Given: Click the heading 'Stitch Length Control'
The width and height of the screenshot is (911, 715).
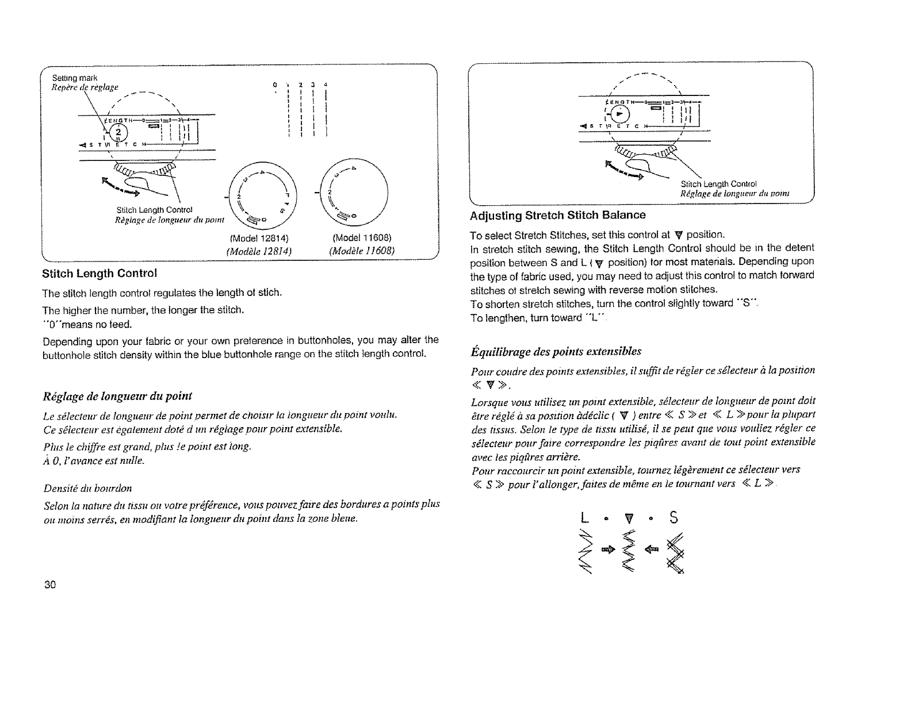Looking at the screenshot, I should tap(99, 272).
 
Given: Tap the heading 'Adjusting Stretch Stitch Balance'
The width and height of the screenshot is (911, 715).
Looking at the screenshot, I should tap(557, 215).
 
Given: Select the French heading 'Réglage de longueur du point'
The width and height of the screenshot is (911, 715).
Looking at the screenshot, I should tap(117, 396).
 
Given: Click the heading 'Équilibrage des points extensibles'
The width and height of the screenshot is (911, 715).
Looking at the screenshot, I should tap(556, 351).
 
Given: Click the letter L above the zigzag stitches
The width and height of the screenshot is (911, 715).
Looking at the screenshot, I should tap(585, 519).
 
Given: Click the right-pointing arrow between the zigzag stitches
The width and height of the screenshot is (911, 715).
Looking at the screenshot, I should tap(607, 550).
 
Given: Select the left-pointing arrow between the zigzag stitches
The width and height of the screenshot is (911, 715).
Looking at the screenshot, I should tap(652, 550).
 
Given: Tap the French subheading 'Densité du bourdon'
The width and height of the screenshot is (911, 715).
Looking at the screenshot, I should tap(87, 489).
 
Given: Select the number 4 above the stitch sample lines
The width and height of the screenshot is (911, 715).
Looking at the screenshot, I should tap(326, 85).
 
